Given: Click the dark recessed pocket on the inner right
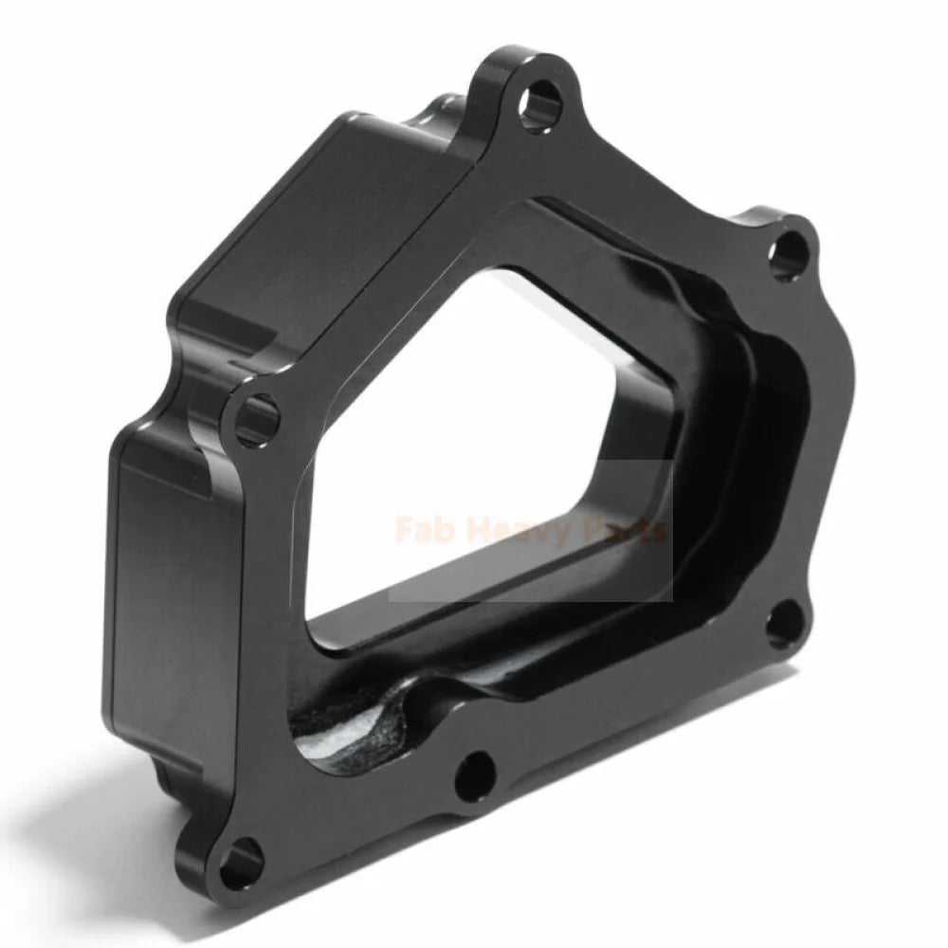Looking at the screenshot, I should pos(768,455).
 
